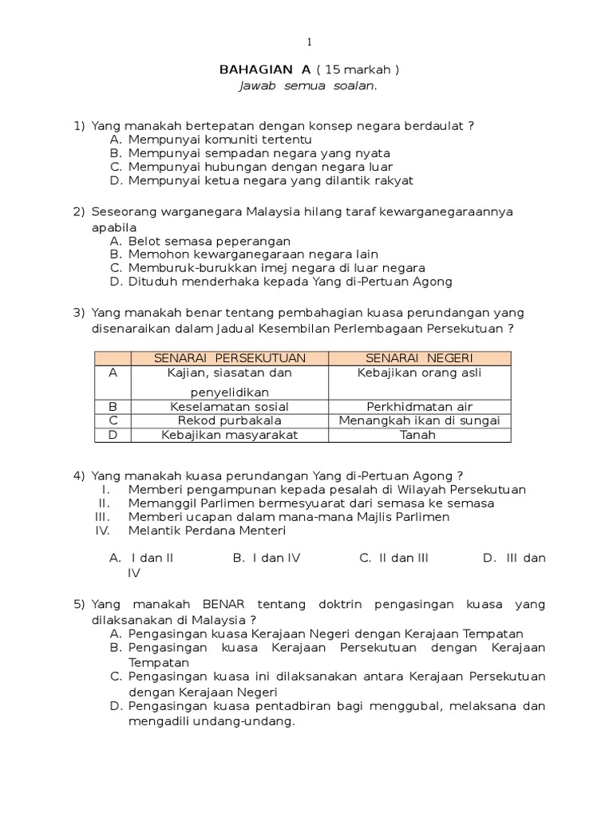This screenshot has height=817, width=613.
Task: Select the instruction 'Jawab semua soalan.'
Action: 307,86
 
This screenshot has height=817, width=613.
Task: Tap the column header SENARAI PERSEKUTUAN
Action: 230,358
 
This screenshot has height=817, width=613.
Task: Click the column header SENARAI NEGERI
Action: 419,358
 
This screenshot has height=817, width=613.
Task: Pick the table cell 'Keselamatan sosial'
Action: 229,406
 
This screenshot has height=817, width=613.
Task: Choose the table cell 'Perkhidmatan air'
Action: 419,406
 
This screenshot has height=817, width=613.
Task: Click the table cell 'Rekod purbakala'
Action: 229,420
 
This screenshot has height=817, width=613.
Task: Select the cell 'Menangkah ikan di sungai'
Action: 419,420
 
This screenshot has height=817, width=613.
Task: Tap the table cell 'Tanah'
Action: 419,435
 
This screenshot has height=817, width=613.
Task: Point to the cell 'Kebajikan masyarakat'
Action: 229,435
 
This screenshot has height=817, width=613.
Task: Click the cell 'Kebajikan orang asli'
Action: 419,373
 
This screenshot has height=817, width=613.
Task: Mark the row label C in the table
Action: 113,420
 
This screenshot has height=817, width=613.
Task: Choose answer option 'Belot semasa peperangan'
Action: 209,241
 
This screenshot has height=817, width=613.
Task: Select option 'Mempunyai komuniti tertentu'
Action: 214,140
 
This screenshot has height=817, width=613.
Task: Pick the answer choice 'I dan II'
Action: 152,558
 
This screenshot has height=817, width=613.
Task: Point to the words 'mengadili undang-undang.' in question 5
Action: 212,721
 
